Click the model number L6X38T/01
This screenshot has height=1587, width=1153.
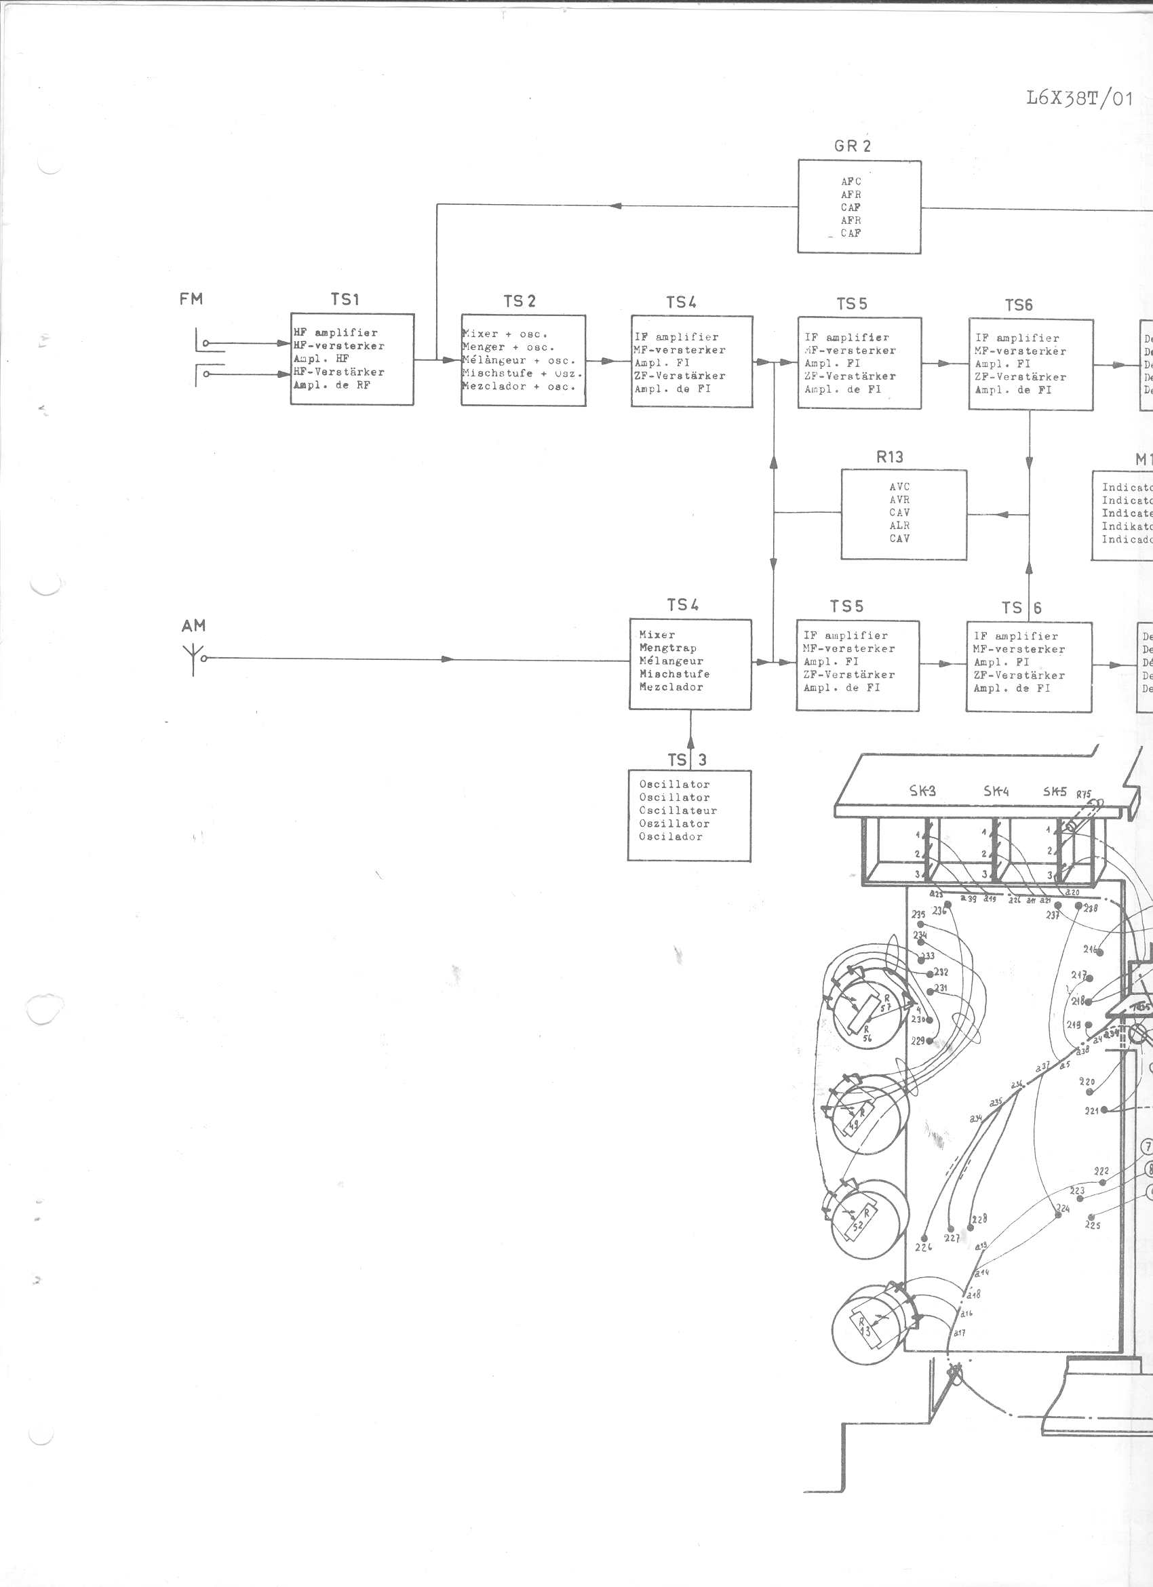[1079, 98]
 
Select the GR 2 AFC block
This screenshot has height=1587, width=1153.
[859, 206]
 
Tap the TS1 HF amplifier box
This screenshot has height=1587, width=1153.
[352, 358]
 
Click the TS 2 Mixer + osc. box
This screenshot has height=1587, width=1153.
[523, 359]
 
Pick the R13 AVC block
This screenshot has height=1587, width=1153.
[903, 513]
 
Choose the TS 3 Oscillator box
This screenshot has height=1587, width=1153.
[689, 815]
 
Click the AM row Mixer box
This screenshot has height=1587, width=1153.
[690, 664]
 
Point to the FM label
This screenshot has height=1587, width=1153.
[191, 299]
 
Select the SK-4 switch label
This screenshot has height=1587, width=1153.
[996, 791]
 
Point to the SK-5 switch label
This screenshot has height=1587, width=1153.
[1055, 791]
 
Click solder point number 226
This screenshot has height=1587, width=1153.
[924, 1247]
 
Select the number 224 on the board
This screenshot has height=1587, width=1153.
[1062, 1209]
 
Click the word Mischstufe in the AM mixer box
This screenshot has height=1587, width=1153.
[673, 674]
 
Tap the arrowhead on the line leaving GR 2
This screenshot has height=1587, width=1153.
[616, 205]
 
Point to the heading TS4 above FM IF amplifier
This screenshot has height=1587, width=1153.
[681, 302]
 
